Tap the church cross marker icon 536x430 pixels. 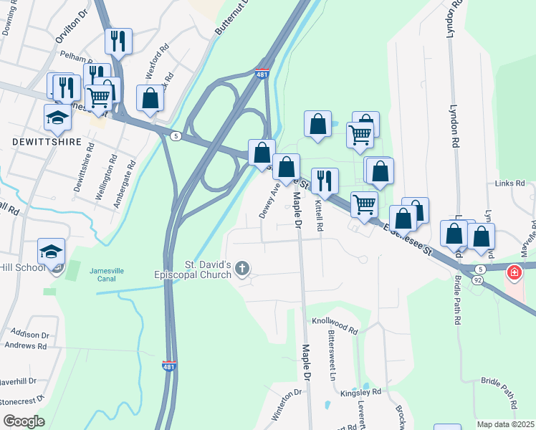(x=242, y=269)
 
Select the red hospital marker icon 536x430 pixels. (x=514, y=272)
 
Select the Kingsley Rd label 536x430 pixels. (x=360, y=393)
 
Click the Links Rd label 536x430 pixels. (x=509, y=183)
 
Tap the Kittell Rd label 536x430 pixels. (x=319, y=215)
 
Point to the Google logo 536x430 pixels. (x=24, y=421)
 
